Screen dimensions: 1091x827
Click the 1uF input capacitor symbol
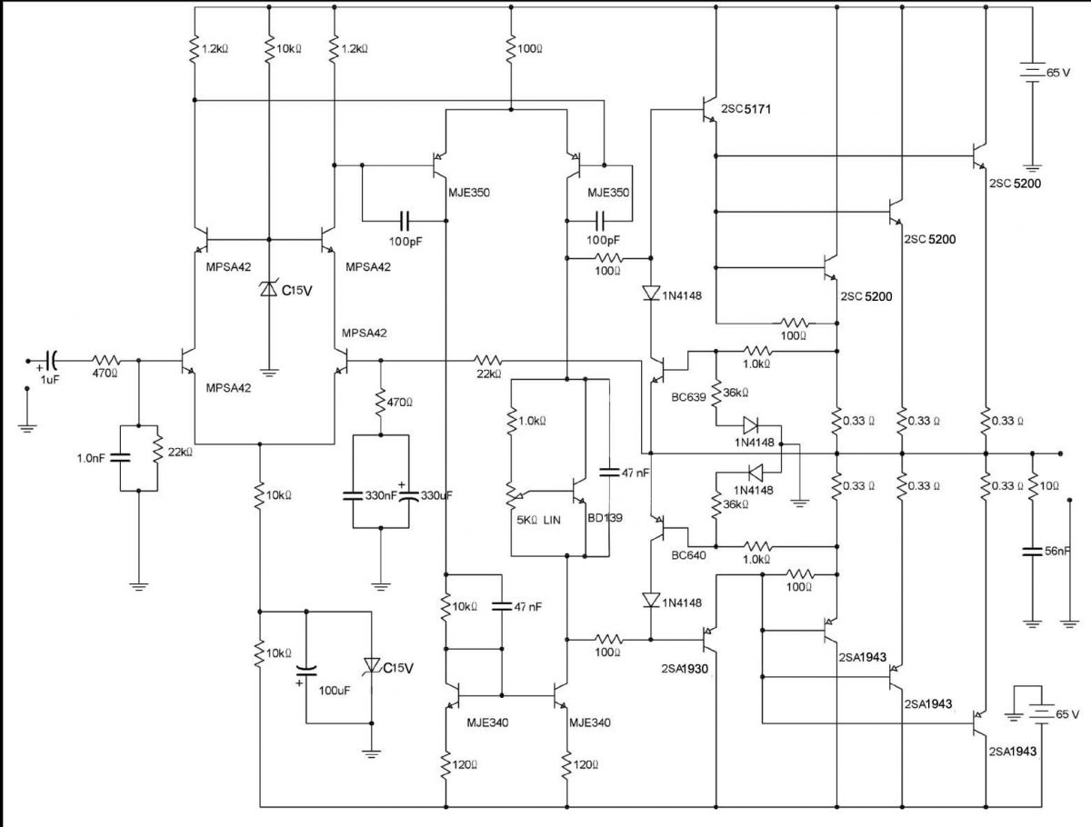51,361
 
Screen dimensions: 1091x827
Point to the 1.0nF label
91,458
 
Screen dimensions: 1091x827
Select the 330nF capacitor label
381,495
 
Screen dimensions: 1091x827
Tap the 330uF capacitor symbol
409,495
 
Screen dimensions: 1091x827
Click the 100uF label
334,691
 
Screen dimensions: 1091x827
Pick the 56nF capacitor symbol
1032,552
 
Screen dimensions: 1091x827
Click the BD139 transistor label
605,518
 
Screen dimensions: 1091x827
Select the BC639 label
688,397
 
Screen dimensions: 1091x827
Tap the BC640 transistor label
688,555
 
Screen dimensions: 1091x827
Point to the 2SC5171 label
746,109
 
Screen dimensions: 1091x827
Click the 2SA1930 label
685,669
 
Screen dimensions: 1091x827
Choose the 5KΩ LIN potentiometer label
539,520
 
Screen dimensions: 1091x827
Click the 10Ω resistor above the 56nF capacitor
1032,486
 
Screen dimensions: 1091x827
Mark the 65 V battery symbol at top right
1032,72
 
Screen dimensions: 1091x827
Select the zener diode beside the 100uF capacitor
372,665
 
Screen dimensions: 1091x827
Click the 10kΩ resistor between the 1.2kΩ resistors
269,48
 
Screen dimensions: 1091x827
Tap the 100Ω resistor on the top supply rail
511,48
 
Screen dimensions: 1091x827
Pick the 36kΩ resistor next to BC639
716,394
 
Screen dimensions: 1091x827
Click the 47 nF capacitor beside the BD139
609,472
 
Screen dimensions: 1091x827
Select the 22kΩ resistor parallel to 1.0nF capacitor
157,450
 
